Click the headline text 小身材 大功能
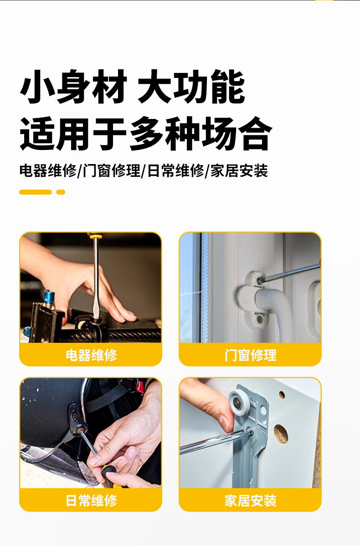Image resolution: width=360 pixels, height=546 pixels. click(133, 87)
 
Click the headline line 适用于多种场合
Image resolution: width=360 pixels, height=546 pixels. click(145, 134)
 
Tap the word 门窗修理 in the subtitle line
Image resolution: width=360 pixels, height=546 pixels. click(111, 171)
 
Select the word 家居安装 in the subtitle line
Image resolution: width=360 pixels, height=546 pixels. click(239, 171)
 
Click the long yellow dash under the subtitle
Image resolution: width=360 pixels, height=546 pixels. click(35, 192)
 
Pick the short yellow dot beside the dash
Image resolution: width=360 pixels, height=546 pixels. click(61, 192)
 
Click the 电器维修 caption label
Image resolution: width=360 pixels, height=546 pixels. click(91, 355)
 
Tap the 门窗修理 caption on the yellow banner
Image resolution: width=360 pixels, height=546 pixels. click(250, 355)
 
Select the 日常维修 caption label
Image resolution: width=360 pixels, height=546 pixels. click(91, 501)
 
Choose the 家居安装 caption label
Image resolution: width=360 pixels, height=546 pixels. click(250, 501)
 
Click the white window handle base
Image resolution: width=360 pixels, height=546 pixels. click(257, 298)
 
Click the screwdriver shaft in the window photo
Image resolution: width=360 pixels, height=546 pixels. click(290, 272)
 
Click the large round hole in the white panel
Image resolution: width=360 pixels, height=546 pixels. click(281, 433)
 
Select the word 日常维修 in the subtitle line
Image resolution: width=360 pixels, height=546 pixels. click(175, 171)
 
